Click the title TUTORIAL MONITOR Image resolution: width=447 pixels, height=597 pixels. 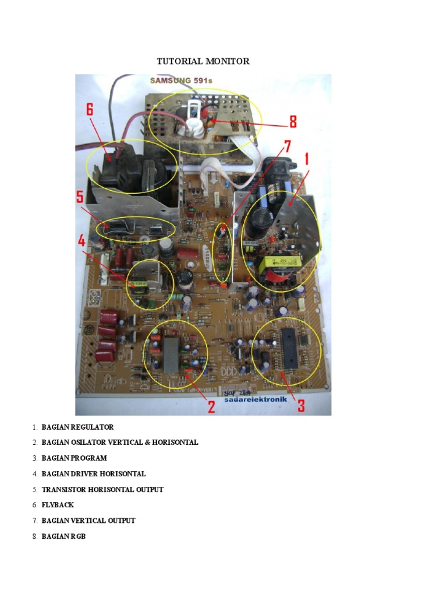203,61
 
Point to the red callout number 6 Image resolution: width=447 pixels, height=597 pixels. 90,109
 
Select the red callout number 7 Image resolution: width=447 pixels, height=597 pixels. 287,146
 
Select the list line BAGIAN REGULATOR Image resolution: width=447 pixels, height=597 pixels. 77,427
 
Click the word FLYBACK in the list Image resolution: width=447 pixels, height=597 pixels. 58,505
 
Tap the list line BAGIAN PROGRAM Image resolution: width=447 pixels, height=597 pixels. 74,458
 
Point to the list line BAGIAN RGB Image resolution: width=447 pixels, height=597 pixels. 63,536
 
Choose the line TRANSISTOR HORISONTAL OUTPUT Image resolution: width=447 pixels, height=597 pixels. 102,489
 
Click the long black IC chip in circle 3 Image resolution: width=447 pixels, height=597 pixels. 289,348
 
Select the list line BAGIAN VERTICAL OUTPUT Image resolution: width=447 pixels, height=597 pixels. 88,521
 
